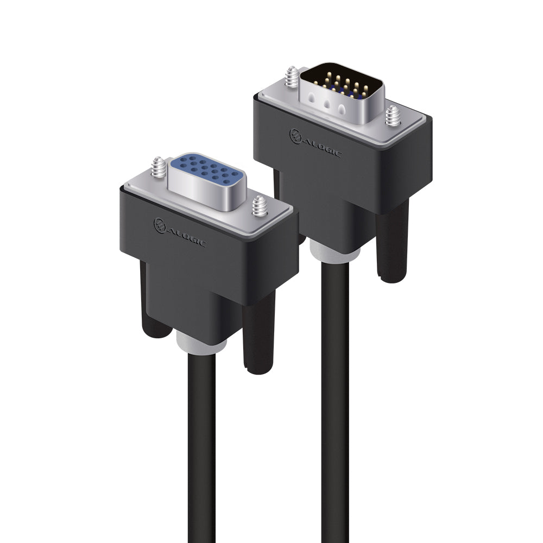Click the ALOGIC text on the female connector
tap(187, 235)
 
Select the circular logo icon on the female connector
tap(160, 224)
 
